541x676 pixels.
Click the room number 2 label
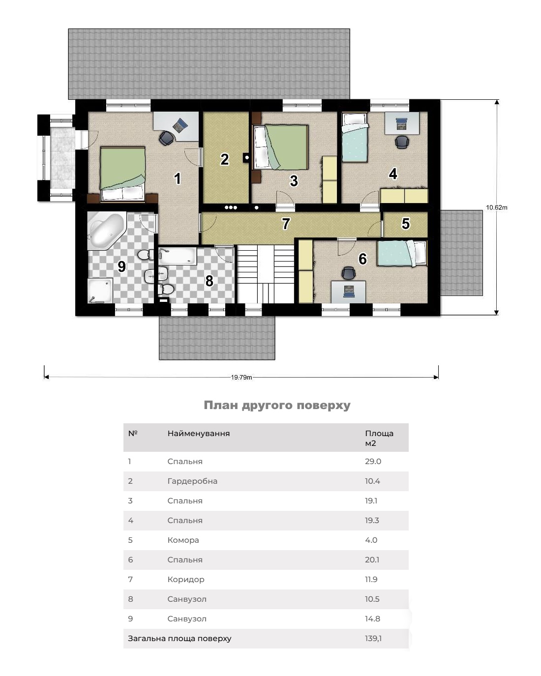coord(224,159)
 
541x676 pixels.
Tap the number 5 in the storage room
coord(406,224)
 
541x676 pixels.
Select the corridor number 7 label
coord(285,224)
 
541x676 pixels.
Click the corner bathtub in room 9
coord(107,231)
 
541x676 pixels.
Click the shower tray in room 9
coord(100,291)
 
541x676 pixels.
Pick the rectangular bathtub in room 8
coord(178,256)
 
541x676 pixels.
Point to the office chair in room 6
coord(348,273)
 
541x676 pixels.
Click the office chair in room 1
coord(166,138)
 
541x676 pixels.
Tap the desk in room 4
coord(402,123)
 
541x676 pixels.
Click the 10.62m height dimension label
coord(496,207)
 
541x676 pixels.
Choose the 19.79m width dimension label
coord(241,377)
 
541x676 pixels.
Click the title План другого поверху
coord(277,405)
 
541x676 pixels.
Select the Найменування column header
coord(198,434)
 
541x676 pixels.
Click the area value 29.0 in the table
coord(373,462)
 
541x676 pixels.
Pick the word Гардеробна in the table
coord(192,481)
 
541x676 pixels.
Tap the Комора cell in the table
coord(183,540)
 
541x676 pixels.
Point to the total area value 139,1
coord(373,638)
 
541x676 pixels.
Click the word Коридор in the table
coord(186,580)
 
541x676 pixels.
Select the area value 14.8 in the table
coord(372,619)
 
